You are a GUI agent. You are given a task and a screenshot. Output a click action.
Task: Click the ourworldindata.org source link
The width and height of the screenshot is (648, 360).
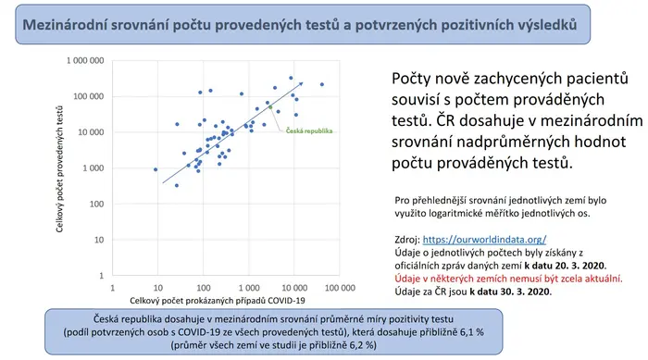[484, 240]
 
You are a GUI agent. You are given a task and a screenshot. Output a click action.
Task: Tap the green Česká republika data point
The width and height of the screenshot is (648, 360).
[270, 107]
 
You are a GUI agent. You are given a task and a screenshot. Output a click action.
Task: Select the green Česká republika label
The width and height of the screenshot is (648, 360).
[309, 131]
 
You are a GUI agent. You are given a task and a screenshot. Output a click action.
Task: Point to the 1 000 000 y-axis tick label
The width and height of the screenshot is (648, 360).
[85, 61]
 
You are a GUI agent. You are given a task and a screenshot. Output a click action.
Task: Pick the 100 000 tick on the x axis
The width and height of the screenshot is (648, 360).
[340, 288]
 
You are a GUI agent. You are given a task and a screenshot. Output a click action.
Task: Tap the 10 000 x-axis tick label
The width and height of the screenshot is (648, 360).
[294, 288]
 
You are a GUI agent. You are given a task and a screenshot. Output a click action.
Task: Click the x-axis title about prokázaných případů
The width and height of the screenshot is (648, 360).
[218, 301]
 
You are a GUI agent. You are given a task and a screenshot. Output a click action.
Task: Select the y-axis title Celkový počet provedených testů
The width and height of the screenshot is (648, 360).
[60, 169]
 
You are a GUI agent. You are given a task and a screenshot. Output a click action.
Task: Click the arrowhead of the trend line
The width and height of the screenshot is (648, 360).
[301, 84]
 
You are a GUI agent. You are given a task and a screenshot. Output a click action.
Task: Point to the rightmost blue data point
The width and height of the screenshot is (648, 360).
[322, 84]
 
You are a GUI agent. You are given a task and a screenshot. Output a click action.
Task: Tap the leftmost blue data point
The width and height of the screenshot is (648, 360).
[156, 169]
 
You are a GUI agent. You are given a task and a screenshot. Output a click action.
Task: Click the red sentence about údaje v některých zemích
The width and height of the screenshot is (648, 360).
[509, 279]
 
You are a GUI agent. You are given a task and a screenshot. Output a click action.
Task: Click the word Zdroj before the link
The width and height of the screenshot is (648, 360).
[407, 240]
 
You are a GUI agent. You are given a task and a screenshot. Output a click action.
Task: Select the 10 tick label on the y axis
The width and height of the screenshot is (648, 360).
[99, 240]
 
